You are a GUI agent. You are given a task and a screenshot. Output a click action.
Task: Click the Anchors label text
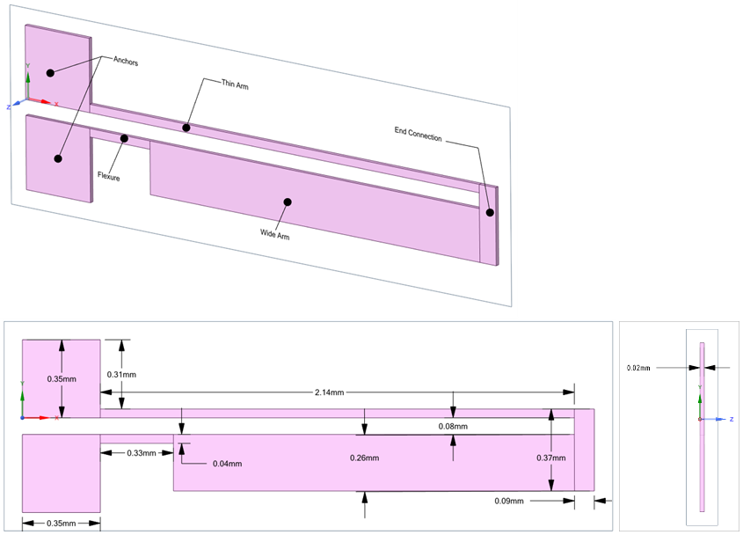coord(126,62)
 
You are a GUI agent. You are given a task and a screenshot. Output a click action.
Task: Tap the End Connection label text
coord(418,137)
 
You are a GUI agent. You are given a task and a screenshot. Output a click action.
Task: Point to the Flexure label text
coord(108,177)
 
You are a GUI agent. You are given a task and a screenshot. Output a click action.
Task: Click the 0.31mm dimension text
coord(121,375)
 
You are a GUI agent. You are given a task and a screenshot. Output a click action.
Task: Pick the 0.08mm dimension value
coord(453,426)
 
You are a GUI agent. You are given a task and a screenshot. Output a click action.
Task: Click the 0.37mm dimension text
coord(551,458)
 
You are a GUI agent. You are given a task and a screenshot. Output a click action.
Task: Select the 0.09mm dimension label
coord(509,501)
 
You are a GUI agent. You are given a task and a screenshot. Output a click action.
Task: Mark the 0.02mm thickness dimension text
coord(638,368)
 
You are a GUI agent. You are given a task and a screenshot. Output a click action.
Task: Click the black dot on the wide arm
coord(287,202)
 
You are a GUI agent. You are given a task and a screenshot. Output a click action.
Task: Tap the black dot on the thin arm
coord(186,128)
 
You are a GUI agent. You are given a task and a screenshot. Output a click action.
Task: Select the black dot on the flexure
coord(125,138)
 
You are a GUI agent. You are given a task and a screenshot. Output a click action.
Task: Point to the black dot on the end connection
coord(490,212)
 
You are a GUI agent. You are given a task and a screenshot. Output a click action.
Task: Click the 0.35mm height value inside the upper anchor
coord(62,378)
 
